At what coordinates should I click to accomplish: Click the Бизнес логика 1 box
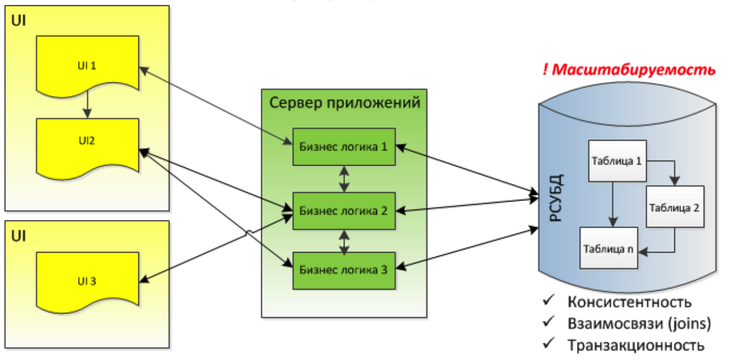344,147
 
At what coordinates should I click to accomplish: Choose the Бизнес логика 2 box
344,211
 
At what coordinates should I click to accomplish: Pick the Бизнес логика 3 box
344,270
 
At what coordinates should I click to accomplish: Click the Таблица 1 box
616,161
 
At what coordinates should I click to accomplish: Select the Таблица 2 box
675,208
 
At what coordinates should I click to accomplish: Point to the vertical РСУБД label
556,198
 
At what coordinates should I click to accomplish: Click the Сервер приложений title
344,102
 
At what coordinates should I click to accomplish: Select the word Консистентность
629,302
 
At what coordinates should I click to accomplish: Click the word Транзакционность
636,345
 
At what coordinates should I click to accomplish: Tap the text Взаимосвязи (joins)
639,323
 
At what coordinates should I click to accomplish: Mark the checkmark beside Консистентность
549,301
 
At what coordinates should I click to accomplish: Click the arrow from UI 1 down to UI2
87,105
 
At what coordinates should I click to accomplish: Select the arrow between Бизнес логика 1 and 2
344,179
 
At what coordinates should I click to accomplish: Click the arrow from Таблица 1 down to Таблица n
612,204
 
